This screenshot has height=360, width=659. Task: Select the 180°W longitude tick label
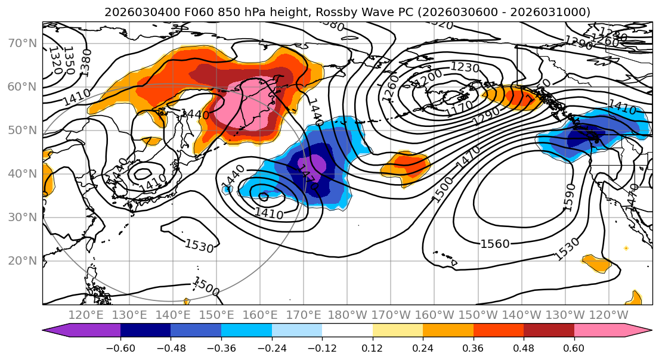tap(348, 315)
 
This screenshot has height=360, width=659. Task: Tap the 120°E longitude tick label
tap(86, 315)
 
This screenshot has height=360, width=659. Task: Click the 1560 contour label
tap(495, 243)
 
